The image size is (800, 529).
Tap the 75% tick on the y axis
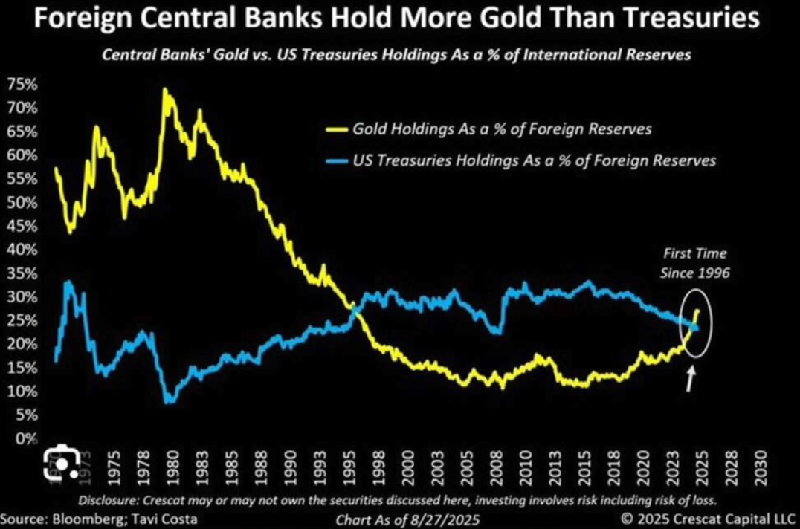coord(22,84)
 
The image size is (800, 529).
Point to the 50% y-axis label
coord(22,203)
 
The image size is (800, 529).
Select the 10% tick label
coord(22,392)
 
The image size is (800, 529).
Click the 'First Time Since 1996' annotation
coord(693,263)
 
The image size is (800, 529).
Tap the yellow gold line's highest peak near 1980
coord(164,90)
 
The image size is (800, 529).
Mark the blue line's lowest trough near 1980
coord(170,401)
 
